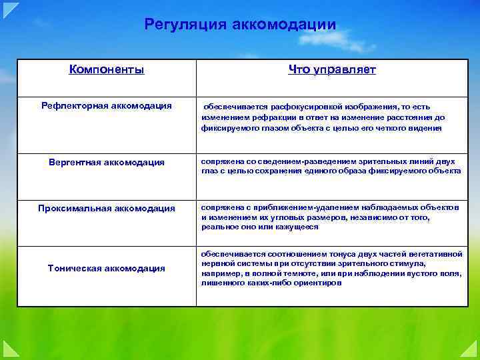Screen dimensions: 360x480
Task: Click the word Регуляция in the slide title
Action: (x=185, y=25)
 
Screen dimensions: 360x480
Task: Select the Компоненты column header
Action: (x=107, y=69)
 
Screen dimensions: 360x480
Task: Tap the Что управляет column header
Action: (x=332, y=69)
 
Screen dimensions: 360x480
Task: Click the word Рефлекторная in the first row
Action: (x=71, y=105)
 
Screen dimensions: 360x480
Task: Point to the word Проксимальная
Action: (x=74, y=209)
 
